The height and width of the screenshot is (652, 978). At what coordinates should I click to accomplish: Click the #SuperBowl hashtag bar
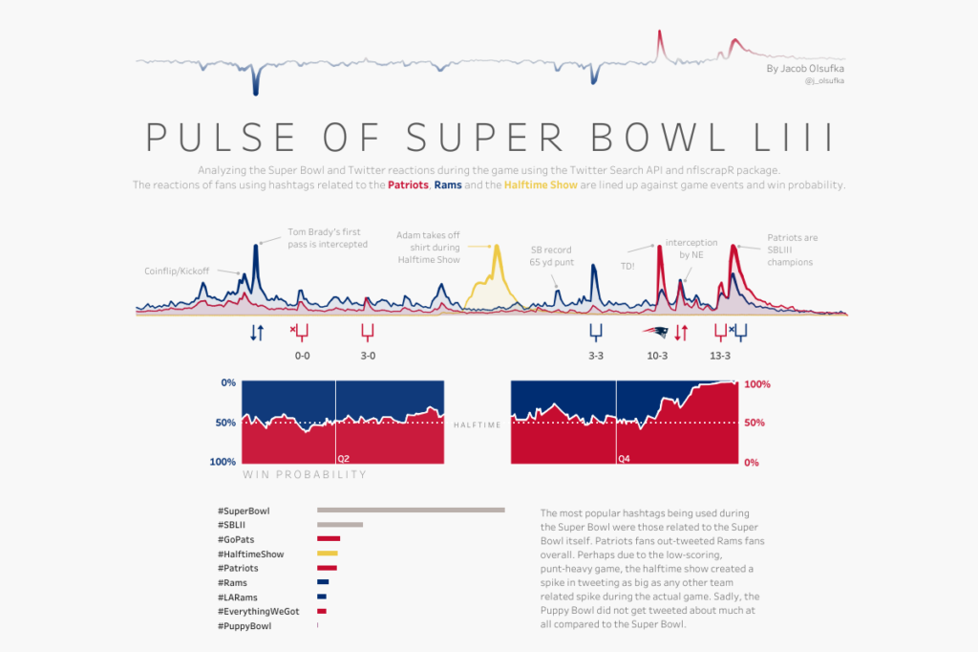(411, 511)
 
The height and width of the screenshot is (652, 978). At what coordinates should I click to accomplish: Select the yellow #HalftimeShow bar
(328, 554)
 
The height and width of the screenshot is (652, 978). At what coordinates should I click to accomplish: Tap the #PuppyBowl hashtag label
(244, 626)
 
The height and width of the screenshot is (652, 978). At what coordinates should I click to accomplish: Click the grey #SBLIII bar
(340, 525)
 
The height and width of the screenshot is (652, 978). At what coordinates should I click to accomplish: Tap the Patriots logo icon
(655, 333)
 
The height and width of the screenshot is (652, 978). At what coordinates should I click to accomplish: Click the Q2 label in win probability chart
(344, 459)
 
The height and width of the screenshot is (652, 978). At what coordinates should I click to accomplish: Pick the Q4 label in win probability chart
(625, 459)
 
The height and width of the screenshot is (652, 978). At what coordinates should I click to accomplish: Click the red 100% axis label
(756, 384)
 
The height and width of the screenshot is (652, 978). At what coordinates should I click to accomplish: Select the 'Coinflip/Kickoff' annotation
(177, 271)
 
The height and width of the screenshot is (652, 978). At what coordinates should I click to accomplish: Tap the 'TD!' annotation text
(628, 267)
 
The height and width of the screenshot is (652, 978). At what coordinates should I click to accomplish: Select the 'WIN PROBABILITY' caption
(305, 474)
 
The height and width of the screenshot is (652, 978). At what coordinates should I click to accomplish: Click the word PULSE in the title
(219, 137)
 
